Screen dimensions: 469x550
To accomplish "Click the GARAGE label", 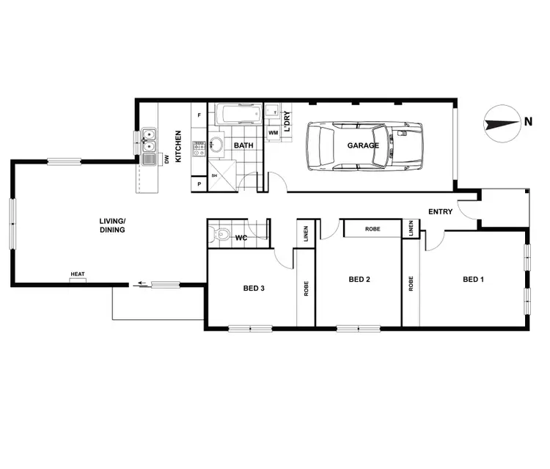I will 364,145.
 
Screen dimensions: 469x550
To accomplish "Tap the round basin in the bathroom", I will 218,144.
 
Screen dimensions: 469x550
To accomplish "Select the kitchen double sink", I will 149,140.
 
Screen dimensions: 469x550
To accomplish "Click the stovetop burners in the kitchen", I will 199,148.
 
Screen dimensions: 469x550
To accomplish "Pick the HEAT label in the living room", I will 78,275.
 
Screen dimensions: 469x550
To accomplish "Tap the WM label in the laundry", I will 273,133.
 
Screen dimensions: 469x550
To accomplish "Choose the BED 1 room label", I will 473,280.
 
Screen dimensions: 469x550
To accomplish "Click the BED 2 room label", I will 358,280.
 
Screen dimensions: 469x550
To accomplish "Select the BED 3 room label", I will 254,288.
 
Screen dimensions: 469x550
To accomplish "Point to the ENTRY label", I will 441,213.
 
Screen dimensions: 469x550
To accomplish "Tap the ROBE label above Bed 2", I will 373,229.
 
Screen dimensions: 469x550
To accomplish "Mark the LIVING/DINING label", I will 113,225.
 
